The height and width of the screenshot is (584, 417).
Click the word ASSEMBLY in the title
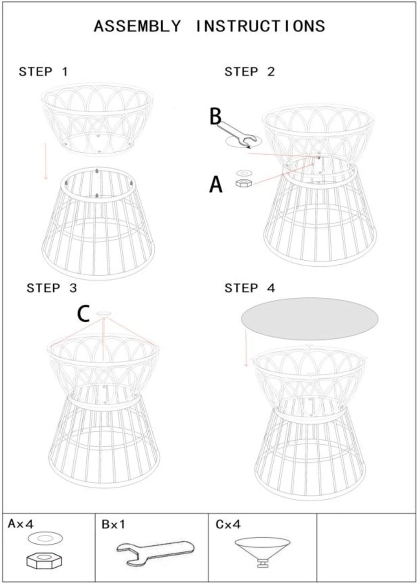137,26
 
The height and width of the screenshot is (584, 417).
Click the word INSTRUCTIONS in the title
260,26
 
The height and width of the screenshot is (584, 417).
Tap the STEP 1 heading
43,72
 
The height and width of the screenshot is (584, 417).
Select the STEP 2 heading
250,72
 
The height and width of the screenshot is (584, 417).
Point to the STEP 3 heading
52,288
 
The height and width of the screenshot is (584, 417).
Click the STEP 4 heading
250,288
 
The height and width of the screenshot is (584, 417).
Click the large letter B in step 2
215,116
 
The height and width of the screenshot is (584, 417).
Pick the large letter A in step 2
216,184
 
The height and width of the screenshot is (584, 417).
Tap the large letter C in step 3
83,314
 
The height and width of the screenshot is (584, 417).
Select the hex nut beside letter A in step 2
244,183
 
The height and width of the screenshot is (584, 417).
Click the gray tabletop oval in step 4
309,319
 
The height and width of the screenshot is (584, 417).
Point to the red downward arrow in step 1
46,161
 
